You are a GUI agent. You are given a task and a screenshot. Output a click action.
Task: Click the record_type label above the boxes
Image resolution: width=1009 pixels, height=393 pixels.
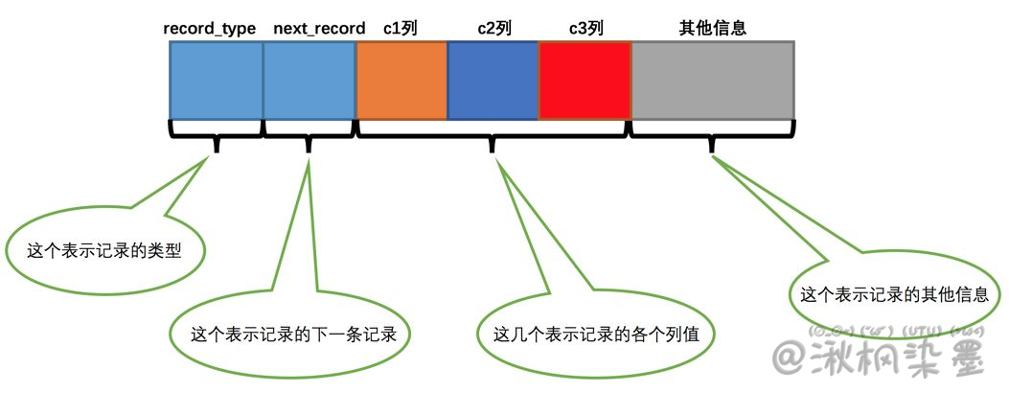click(210, 29)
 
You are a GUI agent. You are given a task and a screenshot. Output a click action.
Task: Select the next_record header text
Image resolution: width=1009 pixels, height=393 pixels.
click(319, 29)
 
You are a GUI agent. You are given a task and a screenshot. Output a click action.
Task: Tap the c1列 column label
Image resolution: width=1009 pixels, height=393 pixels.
click(401, 29)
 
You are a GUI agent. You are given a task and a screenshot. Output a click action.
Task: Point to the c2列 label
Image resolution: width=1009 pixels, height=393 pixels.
click(494, 29)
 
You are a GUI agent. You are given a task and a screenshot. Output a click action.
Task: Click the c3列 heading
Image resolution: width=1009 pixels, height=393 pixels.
click(585, 29)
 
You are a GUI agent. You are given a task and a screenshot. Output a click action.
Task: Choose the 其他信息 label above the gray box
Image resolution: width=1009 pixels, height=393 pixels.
click(712, 29)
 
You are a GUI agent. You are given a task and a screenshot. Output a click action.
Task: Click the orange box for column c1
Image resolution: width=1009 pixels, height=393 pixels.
click(401, 81)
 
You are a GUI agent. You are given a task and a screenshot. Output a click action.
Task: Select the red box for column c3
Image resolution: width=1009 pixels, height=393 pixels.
click(585, 81)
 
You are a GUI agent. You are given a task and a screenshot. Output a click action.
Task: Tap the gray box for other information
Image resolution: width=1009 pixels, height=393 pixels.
click(712, 81)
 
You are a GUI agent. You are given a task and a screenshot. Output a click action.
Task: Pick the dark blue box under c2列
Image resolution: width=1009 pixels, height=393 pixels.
click(493, 81)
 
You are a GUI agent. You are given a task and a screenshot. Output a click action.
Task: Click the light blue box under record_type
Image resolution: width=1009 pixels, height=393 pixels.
click(217, 81)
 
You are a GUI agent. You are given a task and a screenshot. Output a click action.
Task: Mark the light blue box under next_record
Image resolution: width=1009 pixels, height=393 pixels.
click(310, 81)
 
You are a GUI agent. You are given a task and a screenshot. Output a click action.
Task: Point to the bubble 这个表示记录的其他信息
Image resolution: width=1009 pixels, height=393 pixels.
click(893, 294)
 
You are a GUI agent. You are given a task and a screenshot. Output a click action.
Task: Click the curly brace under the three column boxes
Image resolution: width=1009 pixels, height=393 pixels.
click(493, 135)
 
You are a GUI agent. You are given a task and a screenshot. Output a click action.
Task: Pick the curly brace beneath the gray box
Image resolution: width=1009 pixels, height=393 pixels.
click(712, 135)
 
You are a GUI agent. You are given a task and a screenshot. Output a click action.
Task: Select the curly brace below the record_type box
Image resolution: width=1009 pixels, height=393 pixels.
click(217, 135)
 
